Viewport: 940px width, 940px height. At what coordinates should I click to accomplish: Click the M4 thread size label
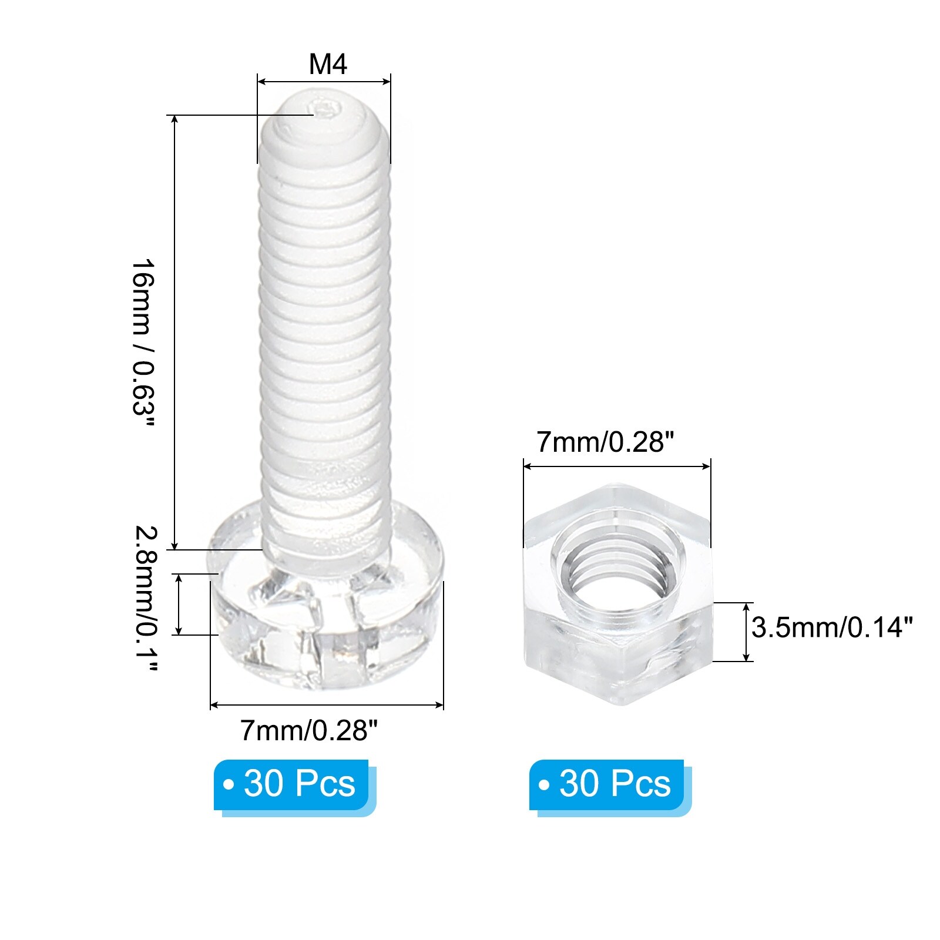click(328, 63)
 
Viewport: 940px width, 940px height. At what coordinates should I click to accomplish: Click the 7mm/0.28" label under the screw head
click(308, 731)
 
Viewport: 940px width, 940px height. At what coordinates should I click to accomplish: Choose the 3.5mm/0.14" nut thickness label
click(832, 627)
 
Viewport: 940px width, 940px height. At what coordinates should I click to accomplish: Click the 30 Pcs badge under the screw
click(291, 784)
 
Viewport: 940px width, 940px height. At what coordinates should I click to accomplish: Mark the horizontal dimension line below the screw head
click(327, 704)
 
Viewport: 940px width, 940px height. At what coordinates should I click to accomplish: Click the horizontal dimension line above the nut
click(617, 466)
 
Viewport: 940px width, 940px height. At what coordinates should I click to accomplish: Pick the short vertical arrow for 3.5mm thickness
click(747, 632)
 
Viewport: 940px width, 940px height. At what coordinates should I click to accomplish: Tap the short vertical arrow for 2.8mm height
click(180, 605)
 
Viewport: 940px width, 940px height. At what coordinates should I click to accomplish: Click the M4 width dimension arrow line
click(324, 82)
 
